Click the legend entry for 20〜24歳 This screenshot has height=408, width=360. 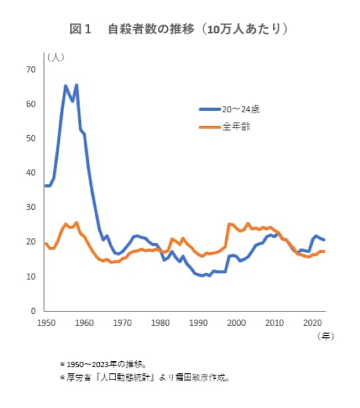click(236, 109)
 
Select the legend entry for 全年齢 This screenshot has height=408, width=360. click(232, 126)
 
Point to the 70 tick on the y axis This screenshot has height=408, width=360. click(31, 69)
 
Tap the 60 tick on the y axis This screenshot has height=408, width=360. click(31, 104)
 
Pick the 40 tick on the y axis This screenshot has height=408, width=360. click(31, 173)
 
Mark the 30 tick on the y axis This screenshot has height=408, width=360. click(31, 207)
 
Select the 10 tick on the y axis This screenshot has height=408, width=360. click(31, 277)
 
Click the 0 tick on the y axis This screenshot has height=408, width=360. click(33, 311)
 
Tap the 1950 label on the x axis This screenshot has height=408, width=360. click(46, 322)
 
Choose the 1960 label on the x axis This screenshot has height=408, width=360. click(84, 322)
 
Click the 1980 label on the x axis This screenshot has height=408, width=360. click(161, 322)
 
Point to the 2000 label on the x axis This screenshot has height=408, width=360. click(237, 322)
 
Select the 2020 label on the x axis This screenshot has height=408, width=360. click(313, 322)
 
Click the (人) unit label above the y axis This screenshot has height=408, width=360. click(54, 56)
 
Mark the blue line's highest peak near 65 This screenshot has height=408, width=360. click(66, 86)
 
